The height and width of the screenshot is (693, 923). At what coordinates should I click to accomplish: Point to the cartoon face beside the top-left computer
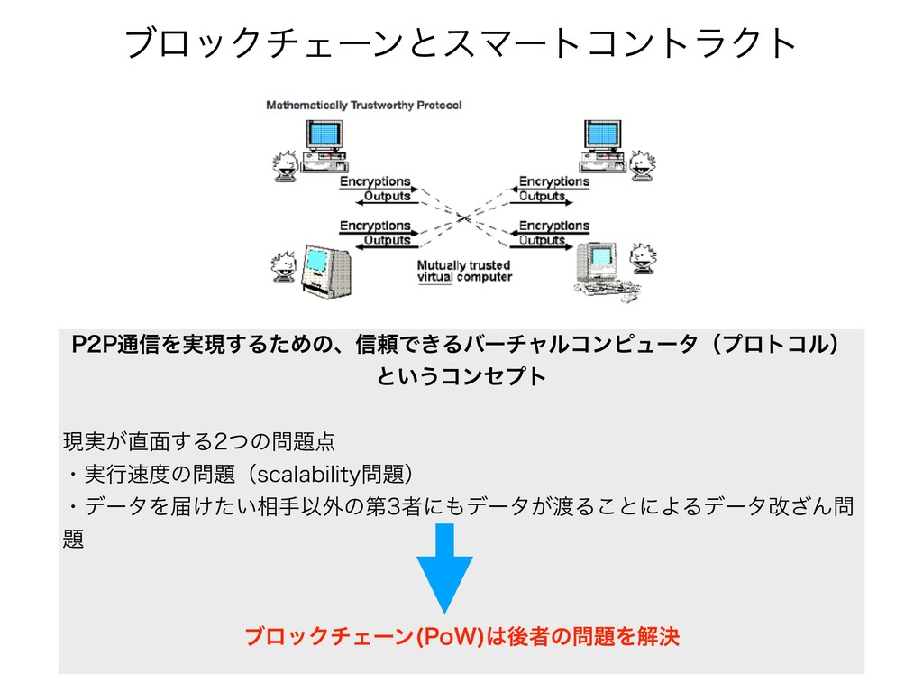(287, 162)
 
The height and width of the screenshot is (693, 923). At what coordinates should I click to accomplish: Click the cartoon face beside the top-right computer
(641, 162)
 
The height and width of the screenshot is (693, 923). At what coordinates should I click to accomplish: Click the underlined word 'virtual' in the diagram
(434, 277)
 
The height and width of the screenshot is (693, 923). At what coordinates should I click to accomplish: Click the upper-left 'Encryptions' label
(375, 181)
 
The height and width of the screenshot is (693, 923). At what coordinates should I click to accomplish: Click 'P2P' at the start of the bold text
(90, 346)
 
